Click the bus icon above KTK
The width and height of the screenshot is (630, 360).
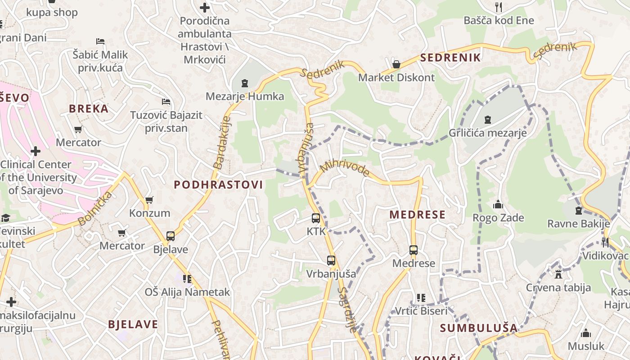(x=316, y=219)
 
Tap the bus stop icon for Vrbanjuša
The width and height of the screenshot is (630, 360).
(x=331, y=261)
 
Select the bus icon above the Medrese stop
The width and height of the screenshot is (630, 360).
(x=414, y=250)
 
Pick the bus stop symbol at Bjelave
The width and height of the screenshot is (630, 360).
(x=171, y=236)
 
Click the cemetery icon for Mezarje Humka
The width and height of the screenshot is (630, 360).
(x=245, y=83)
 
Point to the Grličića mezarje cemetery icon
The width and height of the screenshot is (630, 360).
(x=487, y=120)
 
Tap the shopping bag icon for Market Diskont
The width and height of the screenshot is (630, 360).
(x=396, y=64)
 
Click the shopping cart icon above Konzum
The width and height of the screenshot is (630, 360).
(x=149, y=200)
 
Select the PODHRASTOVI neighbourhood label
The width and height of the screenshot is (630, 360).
(x=218, y=184)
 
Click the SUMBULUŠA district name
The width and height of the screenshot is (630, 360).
(x=479, y=328)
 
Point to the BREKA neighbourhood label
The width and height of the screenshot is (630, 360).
(x=89, y=108)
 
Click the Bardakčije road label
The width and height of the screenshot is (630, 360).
(x=222, y=143)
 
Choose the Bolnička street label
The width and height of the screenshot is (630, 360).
(x=94, y=208)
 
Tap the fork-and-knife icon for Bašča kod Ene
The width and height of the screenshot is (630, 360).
(x=498, y=7)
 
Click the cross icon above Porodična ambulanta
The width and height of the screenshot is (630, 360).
(x=205, y=8)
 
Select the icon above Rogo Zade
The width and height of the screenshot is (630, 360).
(x=498, y=205)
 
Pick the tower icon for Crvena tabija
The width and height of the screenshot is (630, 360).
(x=558, y=274)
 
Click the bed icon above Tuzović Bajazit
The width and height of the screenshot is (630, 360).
(x=166, y=102)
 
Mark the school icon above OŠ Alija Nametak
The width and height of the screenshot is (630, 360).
(x=187, y=279)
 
